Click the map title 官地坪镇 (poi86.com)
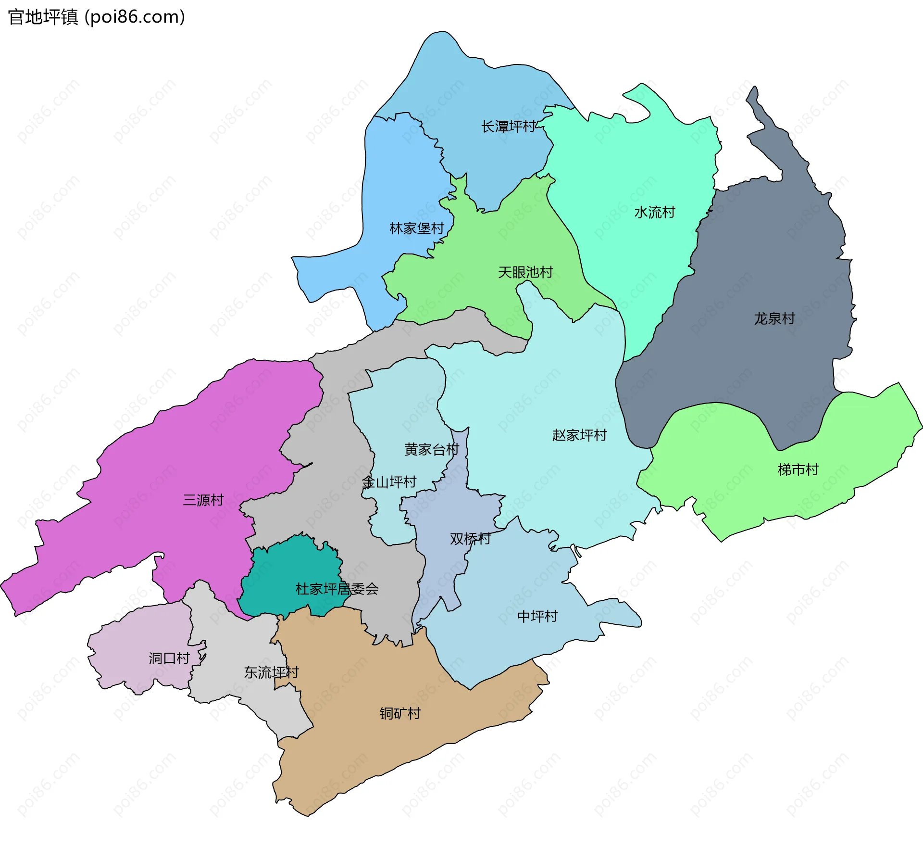96,17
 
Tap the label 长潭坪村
509,127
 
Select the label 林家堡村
416,228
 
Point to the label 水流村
654,212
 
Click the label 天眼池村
525,273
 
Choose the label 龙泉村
774,318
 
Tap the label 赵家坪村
579,435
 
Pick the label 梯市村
798,470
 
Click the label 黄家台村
432,450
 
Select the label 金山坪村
389,482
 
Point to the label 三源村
203,500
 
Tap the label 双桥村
470,539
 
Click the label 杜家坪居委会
337,589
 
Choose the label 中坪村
537,616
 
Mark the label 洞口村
169,658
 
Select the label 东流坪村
271,672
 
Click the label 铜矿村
400,713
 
